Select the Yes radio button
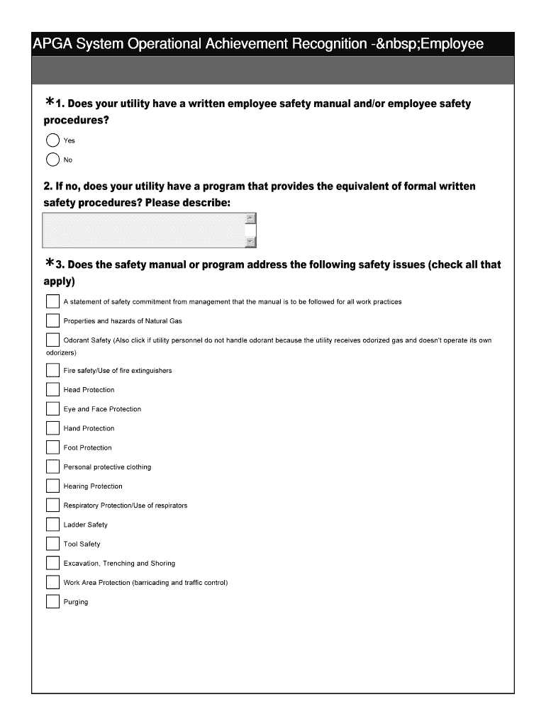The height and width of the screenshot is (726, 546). pos(52,140)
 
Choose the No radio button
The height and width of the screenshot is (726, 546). pos(52,160)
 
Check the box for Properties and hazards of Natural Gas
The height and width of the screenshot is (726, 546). pos(52,320)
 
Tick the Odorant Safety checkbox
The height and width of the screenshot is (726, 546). pos(52,340)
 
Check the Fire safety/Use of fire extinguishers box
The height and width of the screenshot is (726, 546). pos(52,370)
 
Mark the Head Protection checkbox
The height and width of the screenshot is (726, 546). pos(52,389)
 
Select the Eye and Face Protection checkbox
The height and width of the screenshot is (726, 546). pos(52,408)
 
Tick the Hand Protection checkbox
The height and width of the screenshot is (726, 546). pos(52,428)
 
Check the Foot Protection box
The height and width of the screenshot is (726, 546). pos(52,447)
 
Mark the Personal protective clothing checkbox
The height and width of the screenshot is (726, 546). pos(52,467)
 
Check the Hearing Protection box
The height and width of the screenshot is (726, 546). pos(52,486)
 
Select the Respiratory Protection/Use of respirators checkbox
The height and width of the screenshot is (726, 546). pos(52,505)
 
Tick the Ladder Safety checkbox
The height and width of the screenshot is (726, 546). pos(52,525)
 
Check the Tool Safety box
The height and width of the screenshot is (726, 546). pos(52,544)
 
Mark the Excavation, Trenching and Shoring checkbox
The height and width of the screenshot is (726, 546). pos(52,563)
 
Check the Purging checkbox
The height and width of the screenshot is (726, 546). pos(52,601)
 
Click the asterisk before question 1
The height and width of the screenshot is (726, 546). pos(50,104)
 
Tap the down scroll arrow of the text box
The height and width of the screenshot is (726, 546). pos(250,242)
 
